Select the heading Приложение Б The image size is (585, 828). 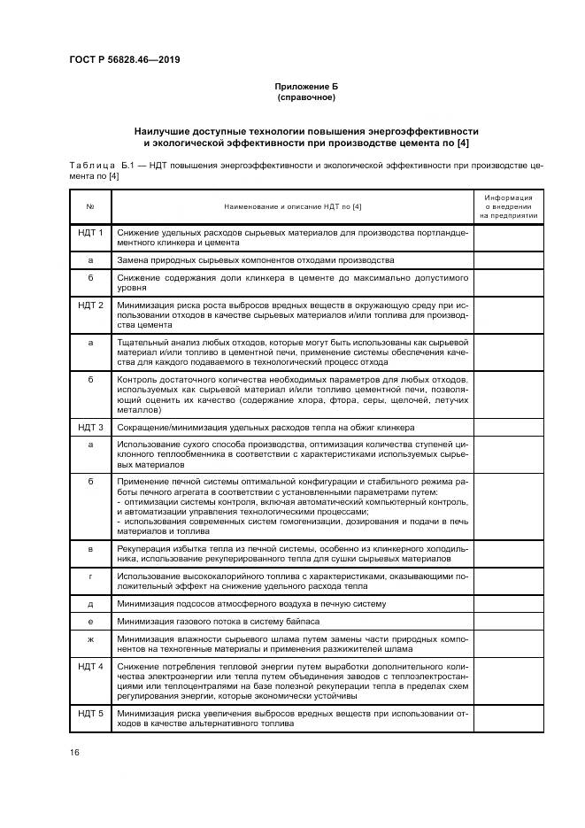[x=305, y=86]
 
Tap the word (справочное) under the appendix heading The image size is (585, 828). [x=305, y=97]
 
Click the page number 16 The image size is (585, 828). [x=74, y=751]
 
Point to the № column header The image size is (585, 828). [x=90, y=206]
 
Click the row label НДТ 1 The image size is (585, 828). [x=90, y=233]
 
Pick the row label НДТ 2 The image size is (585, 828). [x=90, y=306]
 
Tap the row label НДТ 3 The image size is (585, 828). [x=90, y=427]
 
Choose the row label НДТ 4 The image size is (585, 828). [x=90, y=665]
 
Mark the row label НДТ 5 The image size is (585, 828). [x=90, y=713]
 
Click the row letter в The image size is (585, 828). [x=90, y=550]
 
